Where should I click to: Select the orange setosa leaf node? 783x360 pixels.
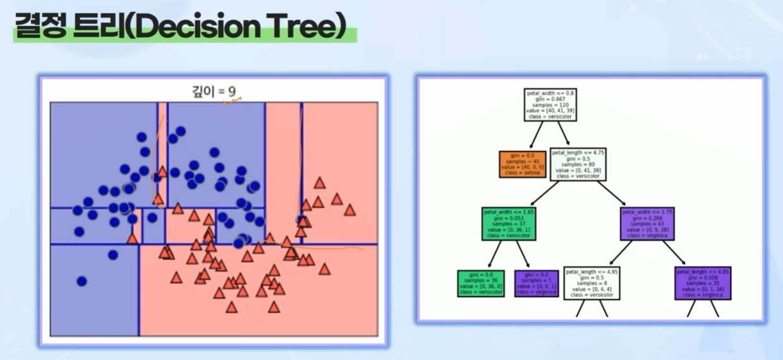coord(522,164)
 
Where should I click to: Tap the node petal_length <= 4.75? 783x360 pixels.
coord(578,164)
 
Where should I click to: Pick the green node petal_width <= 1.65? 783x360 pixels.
coord(509,223)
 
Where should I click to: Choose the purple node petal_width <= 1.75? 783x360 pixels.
coord(647,223)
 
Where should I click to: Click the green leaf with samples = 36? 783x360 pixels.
coord(481,283)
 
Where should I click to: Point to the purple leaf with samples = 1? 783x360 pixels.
coord(537,283)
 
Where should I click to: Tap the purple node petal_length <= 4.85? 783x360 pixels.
coord(703,283)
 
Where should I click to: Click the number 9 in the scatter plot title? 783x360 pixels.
coord(232,91)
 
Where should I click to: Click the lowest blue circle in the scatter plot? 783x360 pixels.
coord(82,281)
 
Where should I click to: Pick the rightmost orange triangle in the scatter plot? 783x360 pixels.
coord(349,210)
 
